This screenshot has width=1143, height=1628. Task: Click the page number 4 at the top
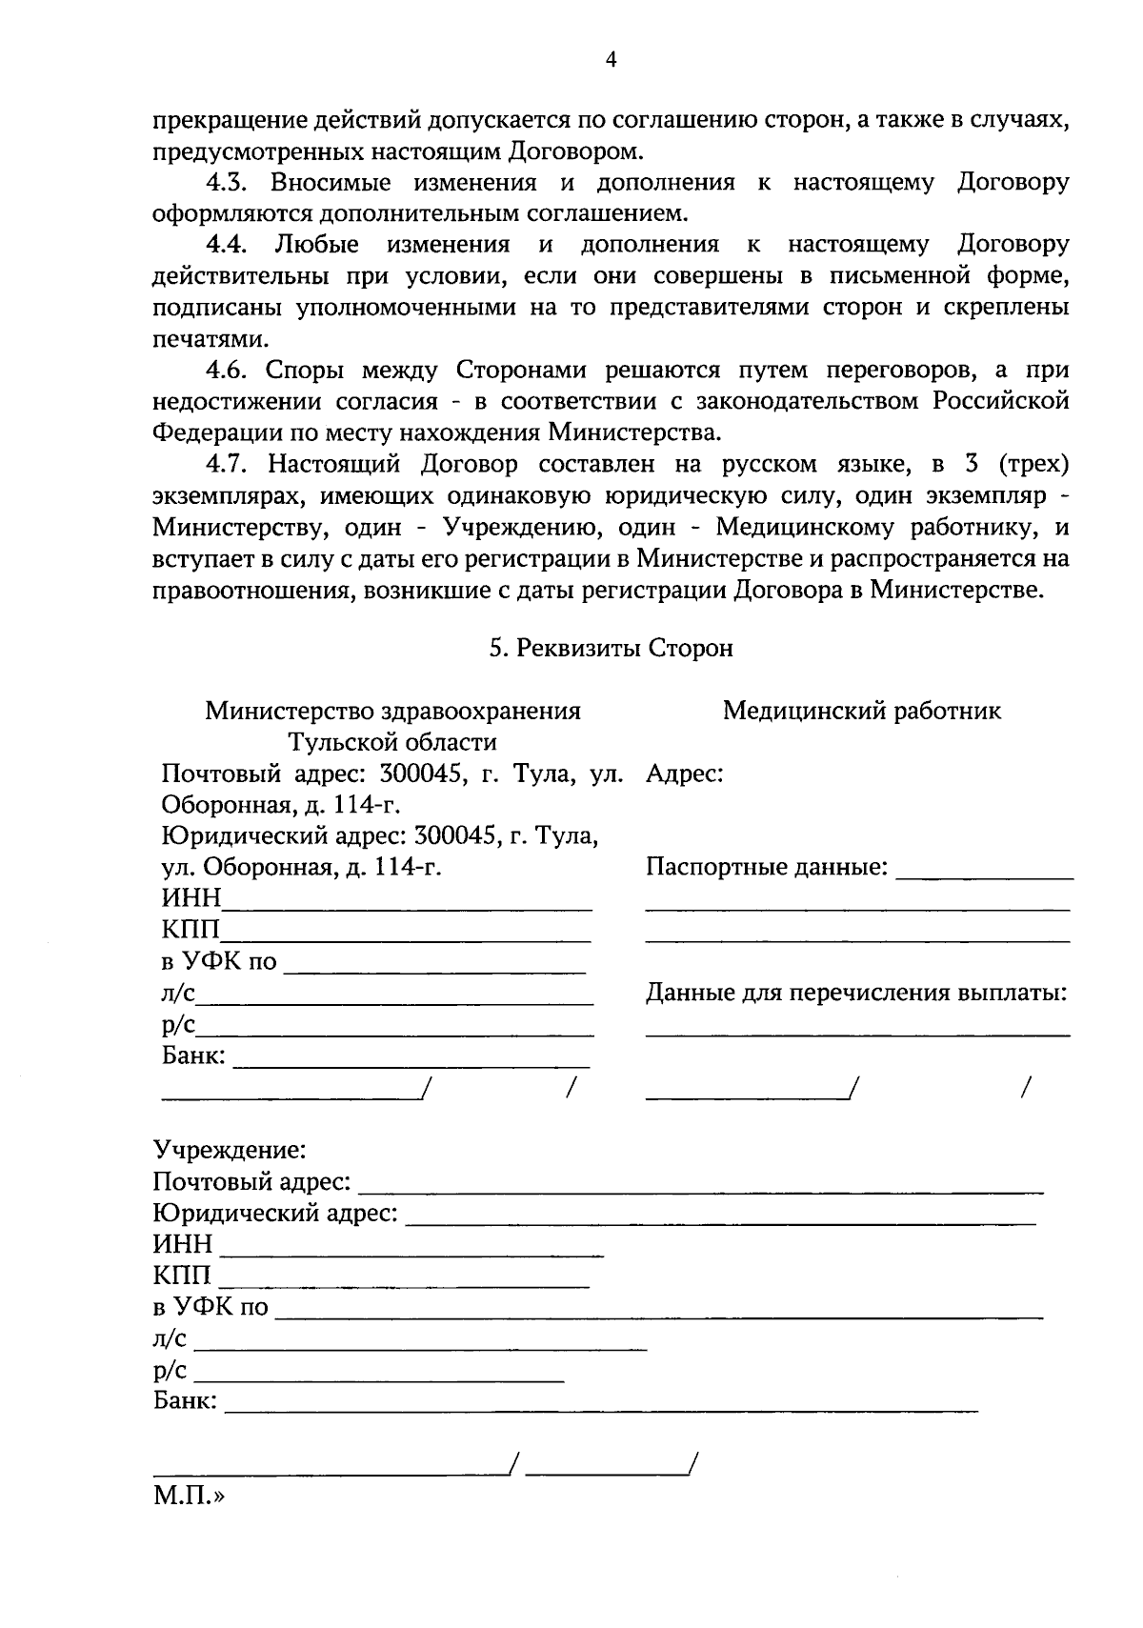click(612, 60)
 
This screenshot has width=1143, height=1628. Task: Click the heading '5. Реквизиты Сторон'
click(611, 649)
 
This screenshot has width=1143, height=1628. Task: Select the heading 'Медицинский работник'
click(861, 711)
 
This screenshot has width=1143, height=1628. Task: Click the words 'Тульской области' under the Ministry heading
click(393, 742)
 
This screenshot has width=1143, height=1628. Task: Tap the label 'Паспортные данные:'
click(767, 868)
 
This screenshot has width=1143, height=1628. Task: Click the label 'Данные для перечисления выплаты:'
click(855, 994)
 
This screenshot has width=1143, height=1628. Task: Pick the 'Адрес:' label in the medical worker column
click(684, 774)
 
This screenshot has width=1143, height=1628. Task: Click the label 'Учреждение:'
click(229, 1150)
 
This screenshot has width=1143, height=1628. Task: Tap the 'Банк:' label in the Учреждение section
click(185, 1401)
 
